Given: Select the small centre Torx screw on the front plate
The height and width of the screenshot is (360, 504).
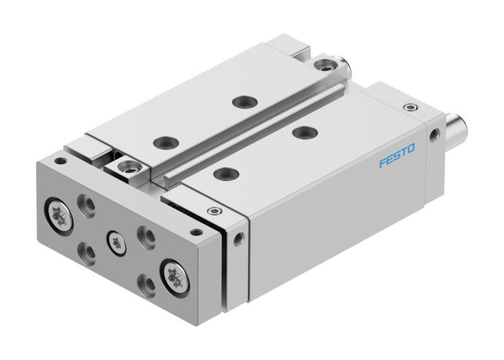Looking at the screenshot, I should point(113,240).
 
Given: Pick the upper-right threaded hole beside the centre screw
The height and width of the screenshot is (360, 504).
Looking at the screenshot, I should point(146,235).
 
